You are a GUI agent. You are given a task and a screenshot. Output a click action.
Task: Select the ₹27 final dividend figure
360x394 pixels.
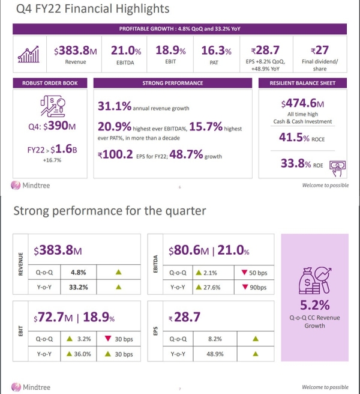[319, 51]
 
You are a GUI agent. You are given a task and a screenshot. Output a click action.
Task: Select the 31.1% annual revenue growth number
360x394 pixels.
[114, 107]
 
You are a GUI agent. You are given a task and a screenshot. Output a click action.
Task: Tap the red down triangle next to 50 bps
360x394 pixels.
[245, 272]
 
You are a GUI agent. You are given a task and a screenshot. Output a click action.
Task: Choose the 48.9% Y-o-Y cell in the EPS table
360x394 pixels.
[212, 354]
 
